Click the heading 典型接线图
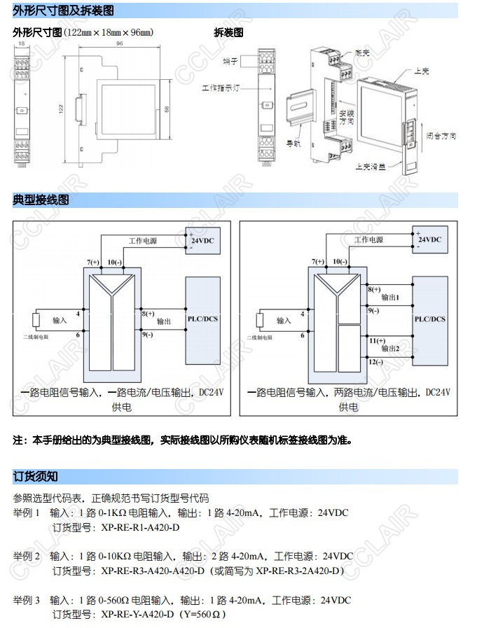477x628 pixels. click(x=41, y=200)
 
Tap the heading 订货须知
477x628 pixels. click(x=36, y=477)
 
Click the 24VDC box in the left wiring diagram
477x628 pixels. click(x=202, y=240)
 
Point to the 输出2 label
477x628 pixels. click(x=390, y=348)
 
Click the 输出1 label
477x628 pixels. click(x=390, y=297)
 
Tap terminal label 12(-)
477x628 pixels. click(x=375, y=362)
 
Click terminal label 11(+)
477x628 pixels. click(x=376, y=340)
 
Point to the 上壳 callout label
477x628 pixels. click(x=421, y=71)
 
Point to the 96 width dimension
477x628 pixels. click(x=119, y=43)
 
